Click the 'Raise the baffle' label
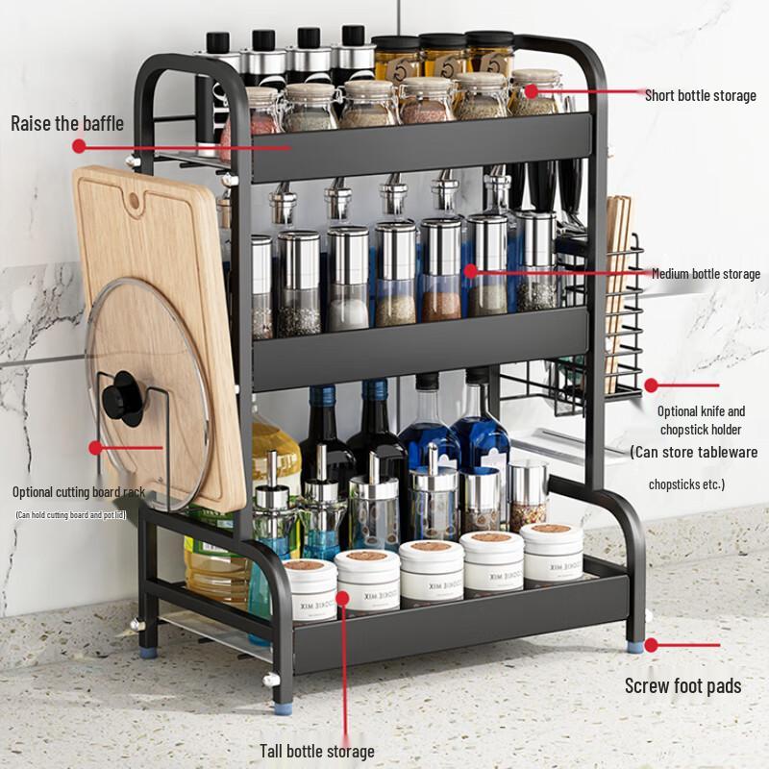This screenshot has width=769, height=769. pyautogui.click(x=67, y=123)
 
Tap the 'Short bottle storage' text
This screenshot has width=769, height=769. pyautogui.click(x=700, y=95)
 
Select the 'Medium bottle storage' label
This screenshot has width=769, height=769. pyautogui.click(x=706, y=274)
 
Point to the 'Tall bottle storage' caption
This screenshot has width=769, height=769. pyautogui.click(x=317, y=751)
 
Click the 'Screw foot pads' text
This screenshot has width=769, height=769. pyautogui.click(x=682, y=685)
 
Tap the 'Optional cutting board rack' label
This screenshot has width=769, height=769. pyautogui.click(x=79, y=492)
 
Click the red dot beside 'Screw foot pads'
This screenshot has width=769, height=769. pyautogui.click(x=651, y=644)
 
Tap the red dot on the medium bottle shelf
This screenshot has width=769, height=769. pyautogui.click(x=470, y=272)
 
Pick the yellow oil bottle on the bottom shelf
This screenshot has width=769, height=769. pyautogui.click(x=216, y=567)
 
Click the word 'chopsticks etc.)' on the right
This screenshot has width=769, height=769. pyautogui.click(x=686, y=484)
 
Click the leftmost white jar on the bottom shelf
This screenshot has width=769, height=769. pyautogui.click(x=310, y=590)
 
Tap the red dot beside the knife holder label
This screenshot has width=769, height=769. pyautogui.click(x=651, y=384)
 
